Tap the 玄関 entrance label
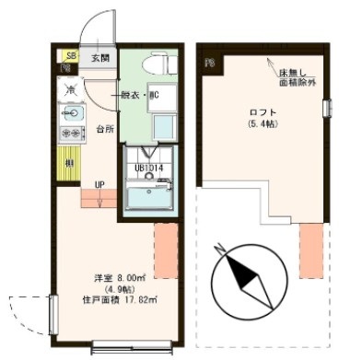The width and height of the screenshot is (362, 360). [100, 59]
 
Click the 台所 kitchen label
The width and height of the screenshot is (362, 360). [106, 129]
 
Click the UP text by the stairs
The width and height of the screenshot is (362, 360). [99, 185]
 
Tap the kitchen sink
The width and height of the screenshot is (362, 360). [73, 114]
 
